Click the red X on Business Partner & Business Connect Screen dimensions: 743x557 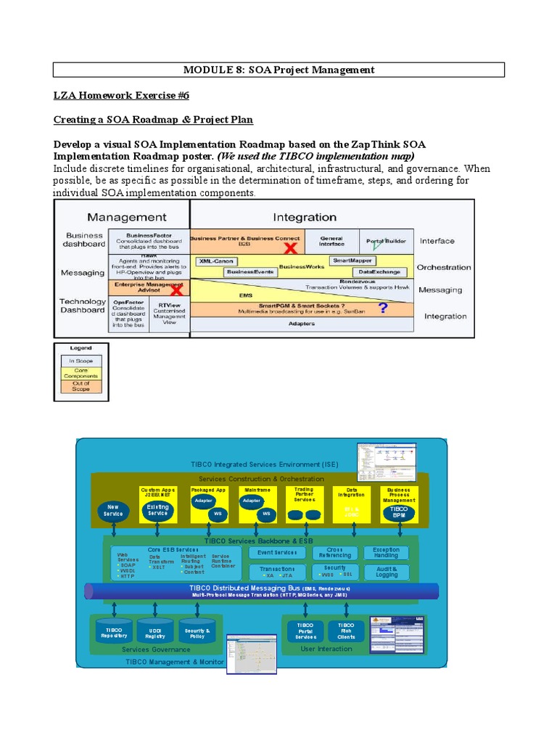pos(290,249)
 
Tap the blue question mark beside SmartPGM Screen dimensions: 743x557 pos(383,308)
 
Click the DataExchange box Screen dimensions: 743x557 pos(379,271)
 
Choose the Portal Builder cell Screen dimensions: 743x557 pos(387,241)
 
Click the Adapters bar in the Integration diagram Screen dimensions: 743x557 pos(301,324)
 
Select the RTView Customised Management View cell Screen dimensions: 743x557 pos(169,313)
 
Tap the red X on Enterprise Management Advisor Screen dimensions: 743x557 pos(175,291)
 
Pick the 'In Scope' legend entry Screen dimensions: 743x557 pos(81,361)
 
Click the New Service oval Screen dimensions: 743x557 pos(112,510)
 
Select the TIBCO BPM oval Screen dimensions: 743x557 pos(399,512)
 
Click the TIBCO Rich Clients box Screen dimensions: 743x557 pos(346,631)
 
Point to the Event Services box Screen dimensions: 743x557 pos(278,553)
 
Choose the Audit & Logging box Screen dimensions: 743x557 pos(387,572)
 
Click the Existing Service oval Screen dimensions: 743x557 pos(157,510)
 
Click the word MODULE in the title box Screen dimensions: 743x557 pos(207,70)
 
